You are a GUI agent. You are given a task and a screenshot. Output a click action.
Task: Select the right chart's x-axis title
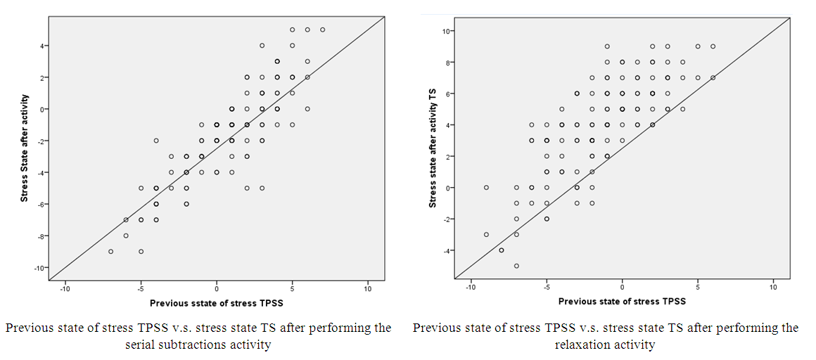622,301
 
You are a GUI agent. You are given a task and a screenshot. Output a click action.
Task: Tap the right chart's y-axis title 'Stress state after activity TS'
433,148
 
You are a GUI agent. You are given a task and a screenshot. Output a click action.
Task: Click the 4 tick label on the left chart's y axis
42,46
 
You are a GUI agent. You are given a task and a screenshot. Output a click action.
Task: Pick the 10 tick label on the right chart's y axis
447,31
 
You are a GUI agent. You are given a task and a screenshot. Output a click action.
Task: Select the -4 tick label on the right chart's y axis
447,250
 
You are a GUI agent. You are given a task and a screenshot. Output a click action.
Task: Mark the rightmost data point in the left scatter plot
322,30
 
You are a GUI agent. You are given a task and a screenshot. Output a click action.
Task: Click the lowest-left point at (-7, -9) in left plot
110,251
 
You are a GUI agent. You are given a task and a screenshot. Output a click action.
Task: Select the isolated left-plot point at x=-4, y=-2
156,141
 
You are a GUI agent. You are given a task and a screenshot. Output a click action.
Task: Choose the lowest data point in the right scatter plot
516,266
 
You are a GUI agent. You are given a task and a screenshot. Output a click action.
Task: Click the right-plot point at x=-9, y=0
486,188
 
